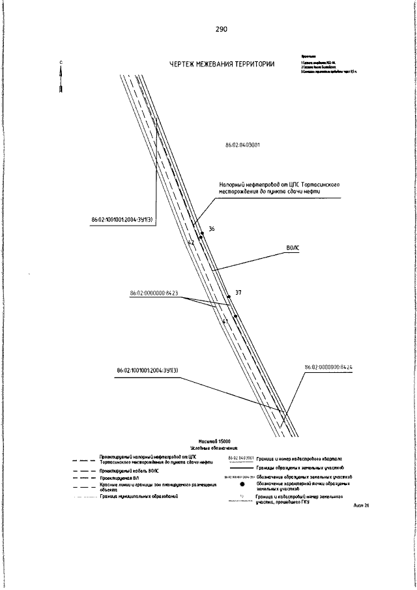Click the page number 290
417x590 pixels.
tap(220, 30)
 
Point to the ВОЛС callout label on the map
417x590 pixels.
tap(292, 248)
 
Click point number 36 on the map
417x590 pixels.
tap(210, 229)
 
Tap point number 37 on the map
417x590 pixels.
tap(238, 293)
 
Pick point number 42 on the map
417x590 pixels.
tap(191, 243)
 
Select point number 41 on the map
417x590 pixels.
tap(225, 321)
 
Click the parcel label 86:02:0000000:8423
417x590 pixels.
tap(154, 293)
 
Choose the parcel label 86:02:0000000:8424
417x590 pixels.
tap(328, 368)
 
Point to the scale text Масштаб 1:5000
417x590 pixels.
tap(208, 442)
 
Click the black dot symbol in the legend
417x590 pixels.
tap(242, 484)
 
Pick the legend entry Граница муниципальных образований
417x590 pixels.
tap(139, 496)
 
